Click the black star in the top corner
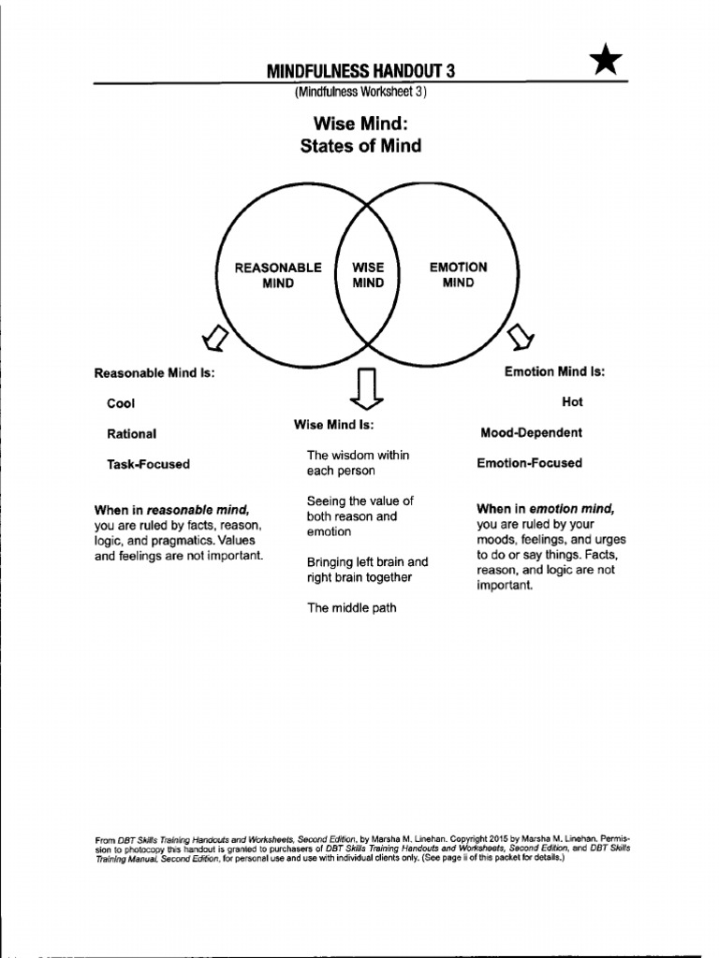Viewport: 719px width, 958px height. [607, 61]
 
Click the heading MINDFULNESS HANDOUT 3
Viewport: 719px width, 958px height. [360, 72]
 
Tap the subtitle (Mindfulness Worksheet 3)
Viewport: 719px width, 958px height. [360, 92]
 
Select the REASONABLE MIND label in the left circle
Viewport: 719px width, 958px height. [278, 275]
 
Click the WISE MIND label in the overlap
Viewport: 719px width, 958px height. [368, 275]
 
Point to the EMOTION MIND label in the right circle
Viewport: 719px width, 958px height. [458, 275]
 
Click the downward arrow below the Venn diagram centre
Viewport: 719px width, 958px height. [366, 389]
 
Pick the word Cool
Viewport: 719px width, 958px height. [121, 403]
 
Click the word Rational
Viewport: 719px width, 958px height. [131, 434]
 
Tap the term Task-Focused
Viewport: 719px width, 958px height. [148, 464]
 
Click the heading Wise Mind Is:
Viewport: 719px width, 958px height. [334, 425]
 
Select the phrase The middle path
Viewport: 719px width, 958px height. [351, 608]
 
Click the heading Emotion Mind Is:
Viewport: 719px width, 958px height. [554, 371]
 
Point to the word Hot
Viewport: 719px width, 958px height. [572, 401]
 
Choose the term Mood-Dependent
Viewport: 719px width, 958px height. [531, 433]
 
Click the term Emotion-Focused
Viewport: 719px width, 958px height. [529, 463]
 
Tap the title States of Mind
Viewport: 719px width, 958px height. [360, 146]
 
